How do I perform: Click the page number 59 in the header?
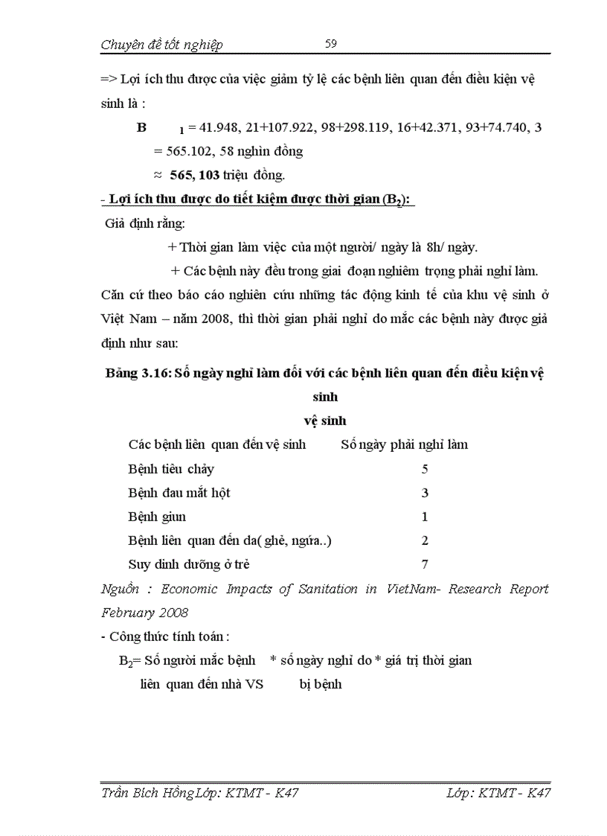(331, 44)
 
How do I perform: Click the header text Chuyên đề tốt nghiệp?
(161, 45)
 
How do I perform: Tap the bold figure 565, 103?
(195, 175)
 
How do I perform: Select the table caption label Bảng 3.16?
(137, 374)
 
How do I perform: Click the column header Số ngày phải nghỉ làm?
(404, 445)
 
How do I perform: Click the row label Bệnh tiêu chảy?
(171, 469)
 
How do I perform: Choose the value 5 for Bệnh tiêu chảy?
(425, 469)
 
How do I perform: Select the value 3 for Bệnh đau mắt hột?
(425, 493)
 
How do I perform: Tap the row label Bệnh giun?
(157, 517)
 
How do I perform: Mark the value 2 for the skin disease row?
(425, 540)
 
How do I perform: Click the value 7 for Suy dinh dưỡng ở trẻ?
(425, 564)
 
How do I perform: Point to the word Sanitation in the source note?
(324, 589)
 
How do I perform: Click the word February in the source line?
(129, 613)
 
